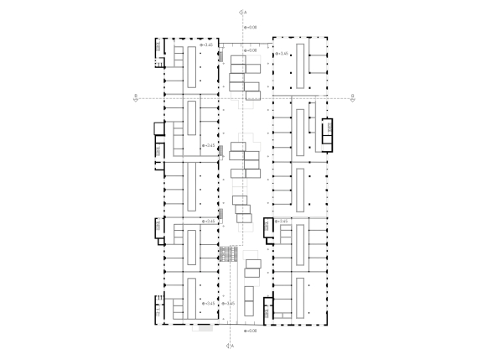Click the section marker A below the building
click(230, 345)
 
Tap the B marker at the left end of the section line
click(135, 97)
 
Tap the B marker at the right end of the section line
click(353, 97)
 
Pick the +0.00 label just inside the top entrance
click(249, 50)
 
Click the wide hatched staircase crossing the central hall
click(229, 253)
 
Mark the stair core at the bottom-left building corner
click(158, 308)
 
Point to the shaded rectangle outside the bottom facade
click(204, 328)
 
